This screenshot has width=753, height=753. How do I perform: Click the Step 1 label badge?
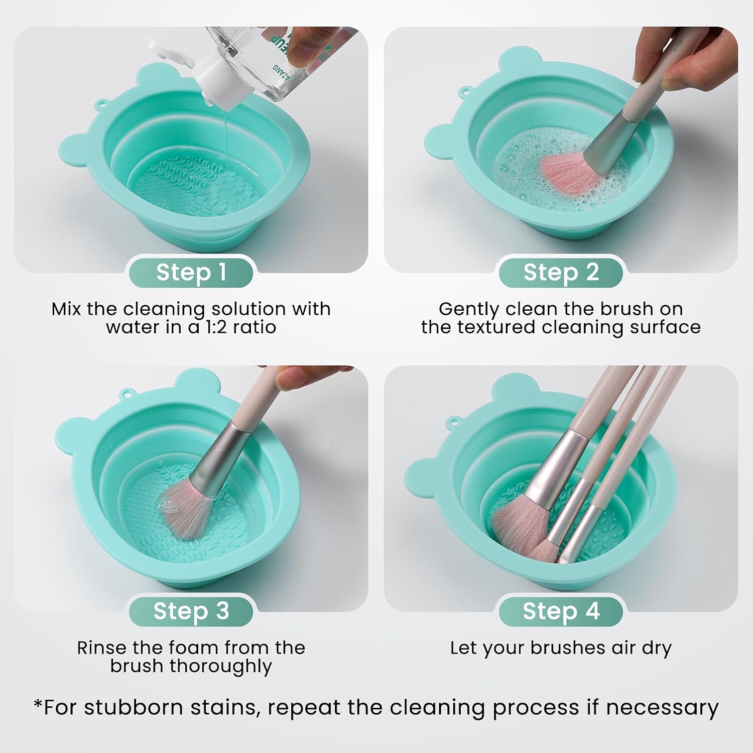[x=191, y=272]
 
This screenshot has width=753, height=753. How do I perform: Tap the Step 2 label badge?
[x=561, y=272]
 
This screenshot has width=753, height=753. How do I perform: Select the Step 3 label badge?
[x=191, y=611]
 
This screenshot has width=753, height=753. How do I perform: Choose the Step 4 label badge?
[x=561, y=611]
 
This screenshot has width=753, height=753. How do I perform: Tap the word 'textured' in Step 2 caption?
[x=496, y=327]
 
